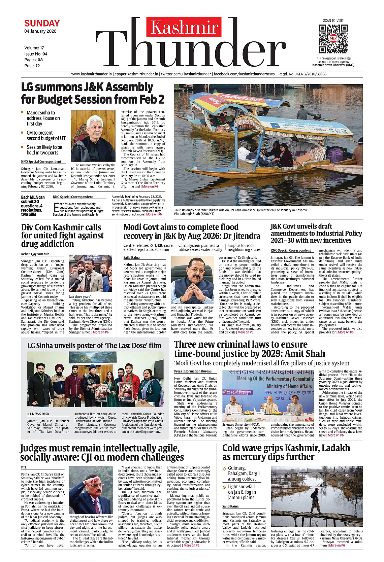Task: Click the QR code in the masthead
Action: pos(333,39)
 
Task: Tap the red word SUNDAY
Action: pos(42,23)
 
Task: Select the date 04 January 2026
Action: pos(40,31)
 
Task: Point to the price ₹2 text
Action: pos(32,66)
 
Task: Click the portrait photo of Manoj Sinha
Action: pos(93,136)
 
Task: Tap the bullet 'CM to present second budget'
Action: pos(46,135)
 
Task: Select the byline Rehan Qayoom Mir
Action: pos(35,254)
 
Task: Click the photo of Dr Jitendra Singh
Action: pos(192,280)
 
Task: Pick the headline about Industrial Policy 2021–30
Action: pos(316,233)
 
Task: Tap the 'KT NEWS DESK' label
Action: pos(38,414)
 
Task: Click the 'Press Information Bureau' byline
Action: pos(193,371)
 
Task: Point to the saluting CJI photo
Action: pos(91,490)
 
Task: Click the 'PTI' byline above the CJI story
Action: pos(24,467)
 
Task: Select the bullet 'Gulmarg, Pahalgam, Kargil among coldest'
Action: pos(242,473)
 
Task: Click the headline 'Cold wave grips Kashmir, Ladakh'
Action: pos(286,452)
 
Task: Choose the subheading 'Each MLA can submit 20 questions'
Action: pos(33,206)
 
